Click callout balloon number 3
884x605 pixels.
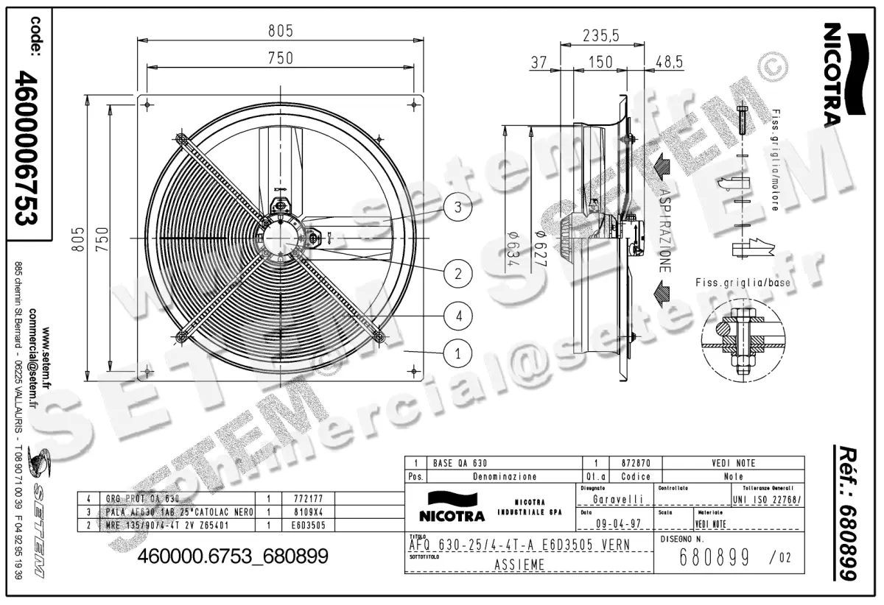pyautogui.click(x=457, y=208)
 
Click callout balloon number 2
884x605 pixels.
pyautogui.click(x=457, y=274)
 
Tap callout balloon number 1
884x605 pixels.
pyautogui.click(x=457, y=354)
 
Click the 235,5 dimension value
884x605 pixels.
pyautogui.click(x=600, y=35)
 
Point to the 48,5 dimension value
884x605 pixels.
pyautogui.click(x=669, y=63)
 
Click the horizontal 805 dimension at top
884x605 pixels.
pyautogui.click(x=280, y=31)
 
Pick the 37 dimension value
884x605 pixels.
pyautogui.click(x=539, y=63)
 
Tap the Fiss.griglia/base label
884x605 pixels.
pyautogui.click(x=738, y=283)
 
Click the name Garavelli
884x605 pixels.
pyautogui.click(x=617, y=500)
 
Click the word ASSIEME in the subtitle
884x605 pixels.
pyautogui.click(x=519, y=565)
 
